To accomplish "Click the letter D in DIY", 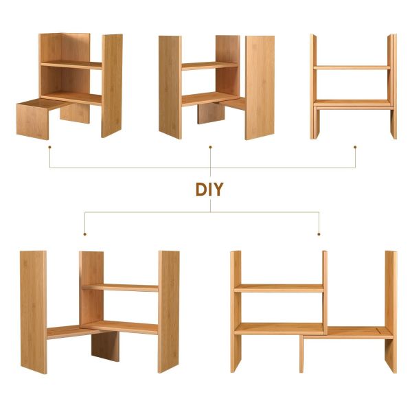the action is point(201,190).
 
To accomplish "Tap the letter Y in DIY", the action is point(218,190).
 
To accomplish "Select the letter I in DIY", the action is point(210,190).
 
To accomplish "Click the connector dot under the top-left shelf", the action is point(49,147).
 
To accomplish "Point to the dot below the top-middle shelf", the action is point(210,147).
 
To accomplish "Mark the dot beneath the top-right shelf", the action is point(355,147).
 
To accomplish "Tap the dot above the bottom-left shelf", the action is point(84,234).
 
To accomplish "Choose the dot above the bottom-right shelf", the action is point(319,234).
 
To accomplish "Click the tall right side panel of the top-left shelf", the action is point(112,86).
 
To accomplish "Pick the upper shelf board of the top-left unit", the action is point(71,65).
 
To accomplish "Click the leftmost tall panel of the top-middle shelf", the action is point(170,87).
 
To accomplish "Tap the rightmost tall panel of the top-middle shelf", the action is point(260,88).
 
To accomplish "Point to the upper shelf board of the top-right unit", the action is point(352,68).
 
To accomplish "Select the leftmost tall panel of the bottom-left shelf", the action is point(34,312).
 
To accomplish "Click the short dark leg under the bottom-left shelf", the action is point(105,346).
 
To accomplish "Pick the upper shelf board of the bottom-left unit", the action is point(120,288).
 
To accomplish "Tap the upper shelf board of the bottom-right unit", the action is point(279,288).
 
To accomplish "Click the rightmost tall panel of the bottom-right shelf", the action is point(391,312).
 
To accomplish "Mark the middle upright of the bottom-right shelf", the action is point(325,293).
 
